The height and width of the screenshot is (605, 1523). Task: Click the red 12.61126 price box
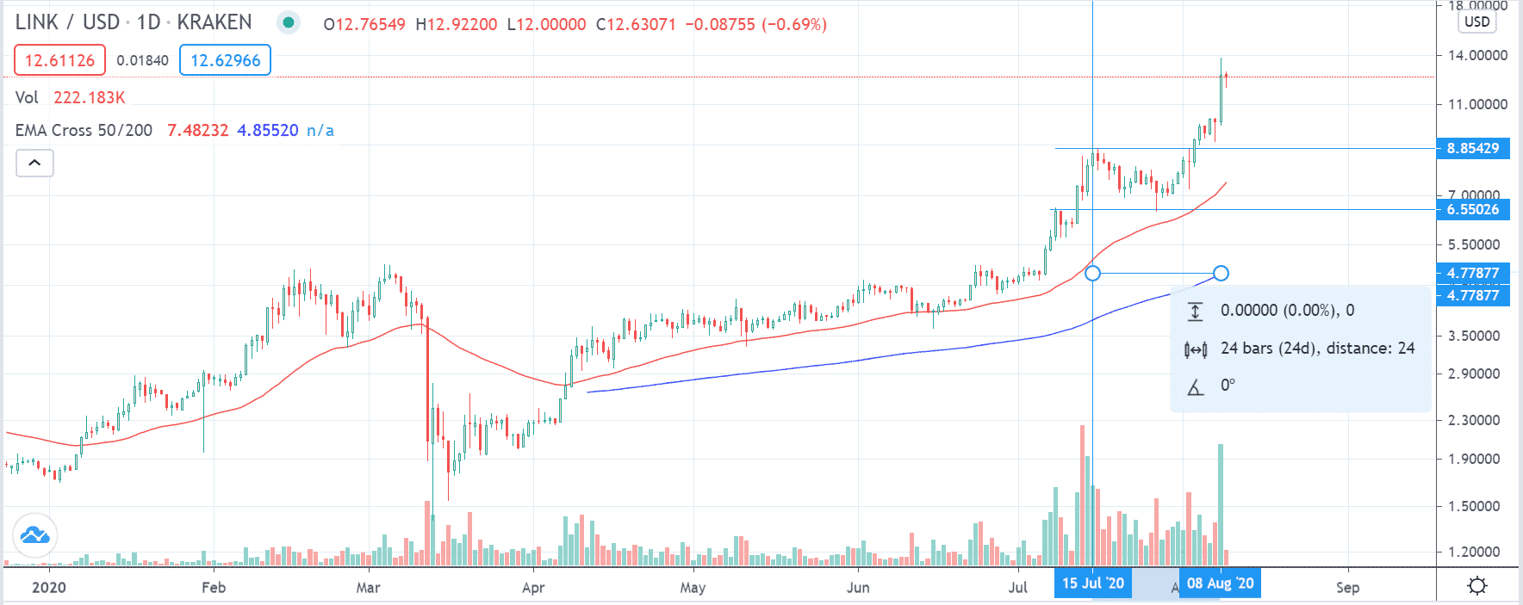(x=59, y=60)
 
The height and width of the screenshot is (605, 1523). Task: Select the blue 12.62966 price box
(x=225, y=60)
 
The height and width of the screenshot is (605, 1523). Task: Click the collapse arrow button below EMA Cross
(x=34, y=163)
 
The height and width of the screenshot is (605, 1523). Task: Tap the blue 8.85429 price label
(x=1472, y=148)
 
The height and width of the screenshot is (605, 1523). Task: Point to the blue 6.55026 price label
(x=1472, y=209)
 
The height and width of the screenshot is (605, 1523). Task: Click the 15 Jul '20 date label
(x=1092, y=583)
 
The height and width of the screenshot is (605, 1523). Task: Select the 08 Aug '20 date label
(x=1220, y=583)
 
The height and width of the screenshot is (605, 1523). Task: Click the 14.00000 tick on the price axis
(x=1477, y=55)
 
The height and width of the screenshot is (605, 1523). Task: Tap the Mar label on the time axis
(x=368, y=588)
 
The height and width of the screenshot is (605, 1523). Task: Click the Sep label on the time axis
(x=1347, y=588)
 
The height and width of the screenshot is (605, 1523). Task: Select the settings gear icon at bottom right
(x=1477, y=586)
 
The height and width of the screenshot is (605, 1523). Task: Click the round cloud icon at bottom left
(x=35, y=535)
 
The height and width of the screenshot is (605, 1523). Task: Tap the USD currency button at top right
(x=1476, y=22)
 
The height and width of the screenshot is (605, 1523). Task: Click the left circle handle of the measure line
(x=1092, y=273)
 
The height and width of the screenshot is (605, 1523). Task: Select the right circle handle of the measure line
(x=1221, y=273)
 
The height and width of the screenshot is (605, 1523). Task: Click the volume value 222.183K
(x=90, y=97)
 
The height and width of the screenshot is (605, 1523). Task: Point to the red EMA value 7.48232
(x=198, y=130)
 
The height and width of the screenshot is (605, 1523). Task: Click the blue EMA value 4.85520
(x=268, y=130)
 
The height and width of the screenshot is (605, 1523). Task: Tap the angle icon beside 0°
(x=1195, y=386)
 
